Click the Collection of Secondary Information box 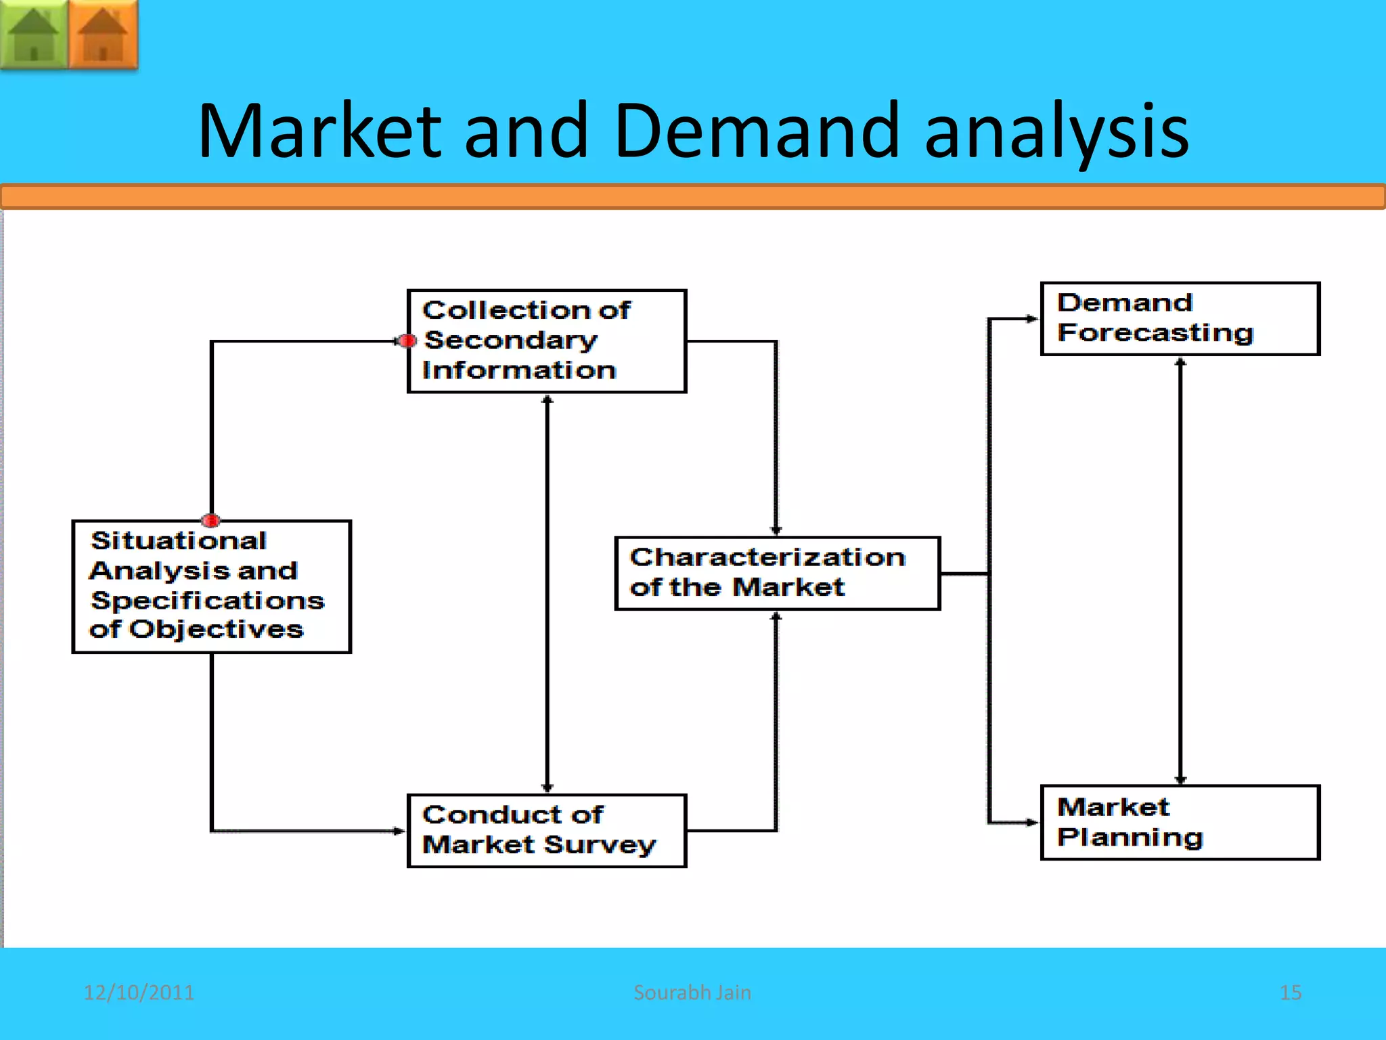pos(547,341)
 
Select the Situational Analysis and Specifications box pos(211,586)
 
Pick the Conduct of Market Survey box pos(547,831)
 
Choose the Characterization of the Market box pos(777,573)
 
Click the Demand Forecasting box pos(1180,318)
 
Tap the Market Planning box pos(1180,823)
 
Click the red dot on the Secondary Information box pos(407,341)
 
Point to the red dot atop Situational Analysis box pos(211,520)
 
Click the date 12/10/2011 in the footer pos(139,993)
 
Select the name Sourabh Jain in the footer pos(692,993)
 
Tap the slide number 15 pos(1291,993)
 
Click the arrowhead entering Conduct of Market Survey pos(400,831)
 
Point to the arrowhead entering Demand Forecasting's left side pos(1033,318)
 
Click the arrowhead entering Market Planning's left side pos(1033,823)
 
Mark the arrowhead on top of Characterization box pos(776,531)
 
